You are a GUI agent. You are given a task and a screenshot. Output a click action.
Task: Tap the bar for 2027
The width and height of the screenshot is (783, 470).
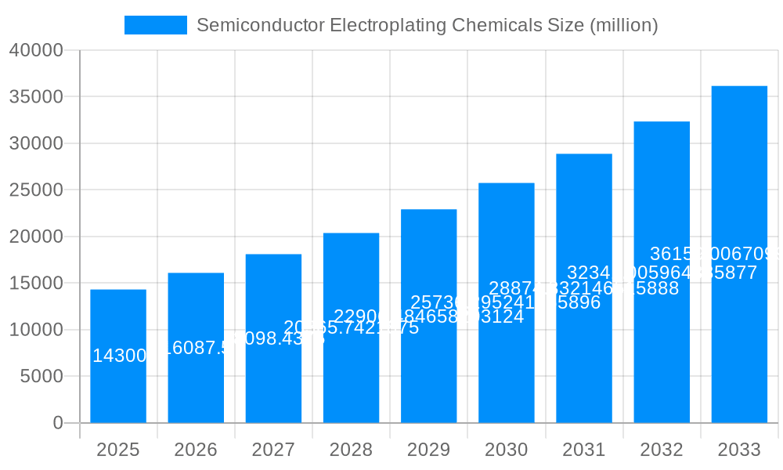(x=273, y=376)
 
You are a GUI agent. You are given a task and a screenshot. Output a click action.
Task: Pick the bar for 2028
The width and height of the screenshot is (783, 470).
(x=351, y=376)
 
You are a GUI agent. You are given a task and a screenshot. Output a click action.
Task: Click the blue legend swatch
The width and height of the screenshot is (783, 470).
(x=156, y=25)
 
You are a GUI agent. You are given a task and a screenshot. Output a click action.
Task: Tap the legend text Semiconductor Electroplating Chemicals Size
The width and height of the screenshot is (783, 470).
(x=427, y=25)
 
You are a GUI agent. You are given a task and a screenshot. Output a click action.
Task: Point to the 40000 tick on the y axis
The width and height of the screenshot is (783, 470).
(x=36, y=51)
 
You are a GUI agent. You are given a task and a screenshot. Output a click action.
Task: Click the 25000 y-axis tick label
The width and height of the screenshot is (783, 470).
(x=36, y=190)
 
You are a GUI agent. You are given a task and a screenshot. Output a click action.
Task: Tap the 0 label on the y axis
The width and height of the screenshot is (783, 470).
(x=58, y=423)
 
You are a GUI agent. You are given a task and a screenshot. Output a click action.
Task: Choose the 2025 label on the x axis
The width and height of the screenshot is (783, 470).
(x=118, y=450)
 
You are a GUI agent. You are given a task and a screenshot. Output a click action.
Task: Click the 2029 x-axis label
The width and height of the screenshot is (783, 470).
(x=428, y=450)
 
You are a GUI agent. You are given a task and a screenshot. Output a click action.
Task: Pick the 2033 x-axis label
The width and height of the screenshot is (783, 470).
(x=739, y=450)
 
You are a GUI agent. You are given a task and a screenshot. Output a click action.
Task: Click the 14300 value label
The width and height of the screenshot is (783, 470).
(x=120, y=356)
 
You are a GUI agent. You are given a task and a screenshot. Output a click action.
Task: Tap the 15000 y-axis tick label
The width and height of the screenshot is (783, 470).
(x=36, y=284)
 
